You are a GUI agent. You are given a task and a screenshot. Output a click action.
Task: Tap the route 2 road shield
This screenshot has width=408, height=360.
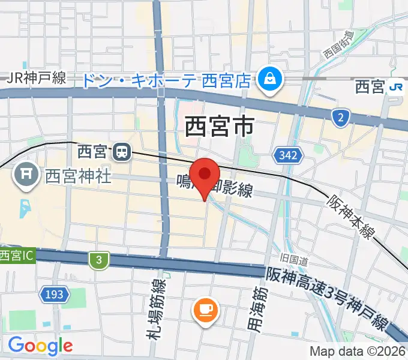(x=341, y=118)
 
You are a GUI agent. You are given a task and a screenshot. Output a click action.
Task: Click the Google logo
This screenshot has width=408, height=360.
(x=40, y=345)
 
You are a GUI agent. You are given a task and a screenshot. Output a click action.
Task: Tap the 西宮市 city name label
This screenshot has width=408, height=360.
(x=218, y=127)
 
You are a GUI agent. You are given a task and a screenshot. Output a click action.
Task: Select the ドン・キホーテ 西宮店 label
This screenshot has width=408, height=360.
(x=166, y=80)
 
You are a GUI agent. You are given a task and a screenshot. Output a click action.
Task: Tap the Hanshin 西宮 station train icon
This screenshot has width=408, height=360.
(x=122, y=152)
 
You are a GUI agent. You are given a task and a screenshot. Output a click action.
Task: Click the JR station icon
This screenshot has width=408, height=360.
(x=396, y=87)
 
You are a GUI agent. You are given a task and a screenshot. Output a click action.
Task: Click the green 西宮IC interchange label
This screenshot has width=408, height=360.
(x=17, y=255)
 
